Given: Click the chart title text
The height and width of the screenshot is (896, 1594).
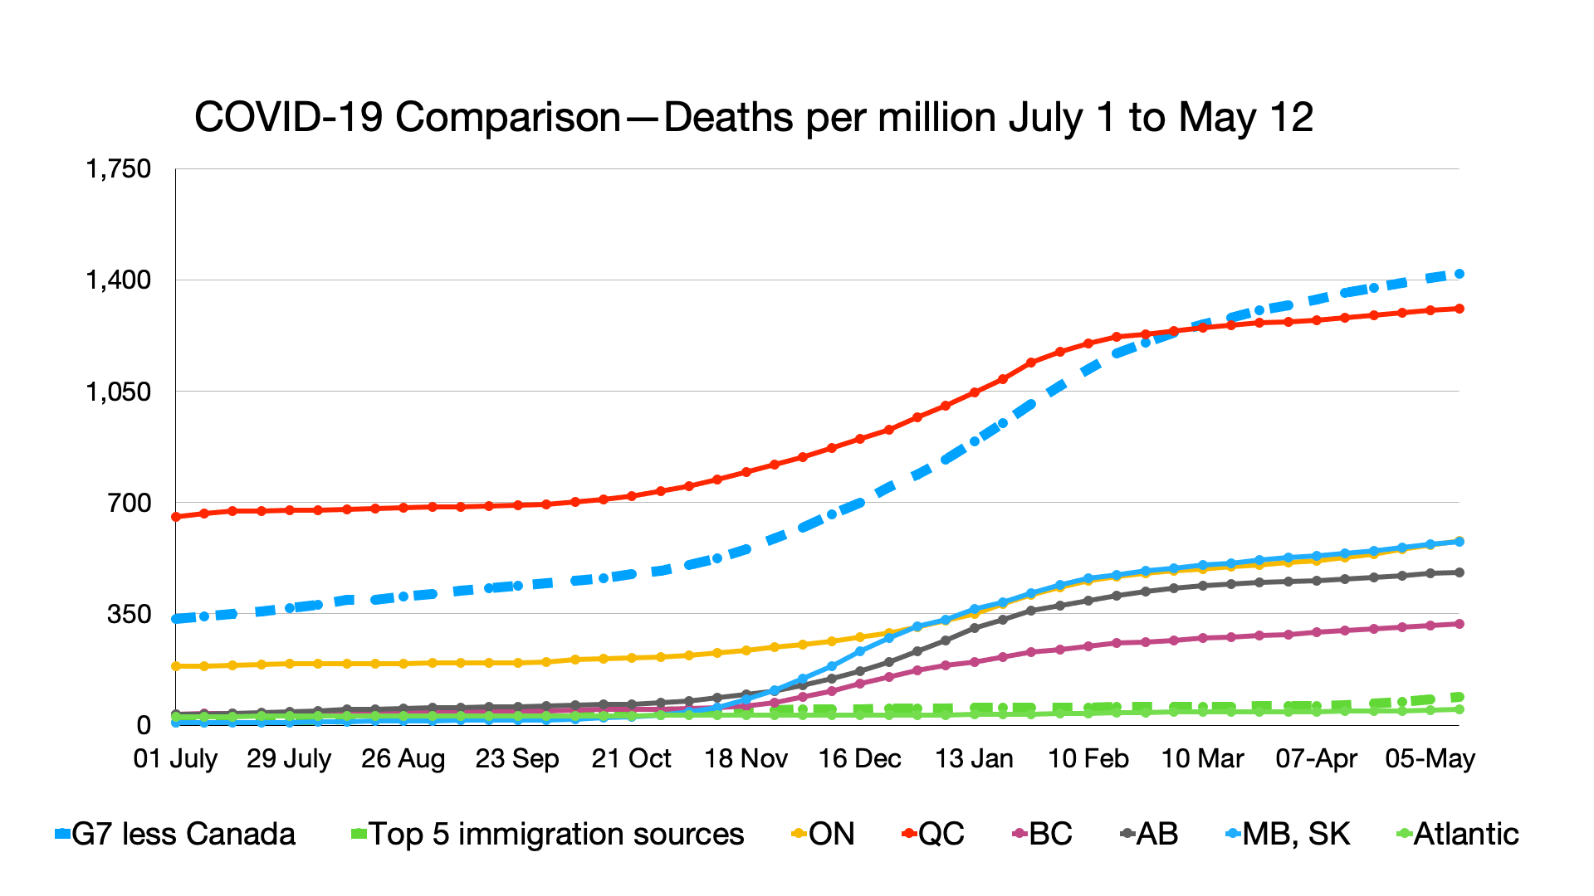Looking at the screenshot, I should click(753, 118).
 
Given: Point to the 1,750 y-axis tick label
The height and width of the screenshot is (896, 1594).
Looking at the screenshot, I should click(119, 169).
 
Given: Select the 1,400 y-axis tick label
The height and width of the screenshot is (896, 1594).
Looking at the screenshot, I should click(119, 280).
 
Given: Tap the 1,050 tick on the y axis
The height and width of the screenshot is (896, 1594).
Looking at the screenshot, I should click(119, 392).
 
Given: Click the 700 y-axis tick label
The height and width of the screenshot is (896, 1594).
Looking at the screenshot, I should click(130, 503).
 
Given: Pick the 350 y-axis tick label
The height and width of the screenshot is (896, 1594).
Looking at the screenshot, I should click(130, 615).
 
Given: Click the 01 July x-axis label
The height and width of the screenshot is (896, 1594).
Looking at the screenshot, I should click(175, 758).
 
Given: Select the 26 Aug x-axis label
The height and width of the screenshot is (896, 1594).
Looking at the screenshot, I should click(403, 758).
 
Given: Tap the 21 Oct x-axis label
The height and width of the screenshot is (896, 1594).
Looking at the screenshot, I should click(632, 758).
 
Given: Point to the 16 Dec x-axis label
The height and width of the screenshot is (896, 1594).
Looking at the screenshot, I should click(860, 758).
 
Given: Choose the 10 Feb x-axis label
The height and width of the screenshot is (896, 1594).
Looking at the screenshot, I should click(1088, 758).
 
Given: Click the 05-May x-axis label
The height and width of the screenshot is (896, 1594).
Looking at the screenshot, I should click(1430, 758).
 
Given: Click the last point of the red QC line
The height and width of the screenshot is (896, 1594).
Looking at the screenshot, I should click(1460, 309).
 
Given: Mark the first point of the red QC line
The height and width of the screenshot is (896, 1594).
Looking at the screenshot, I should click(175, 517).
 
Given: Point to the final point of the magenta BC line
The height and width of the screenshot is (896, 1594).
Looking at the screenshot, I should click(1460, 624).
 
